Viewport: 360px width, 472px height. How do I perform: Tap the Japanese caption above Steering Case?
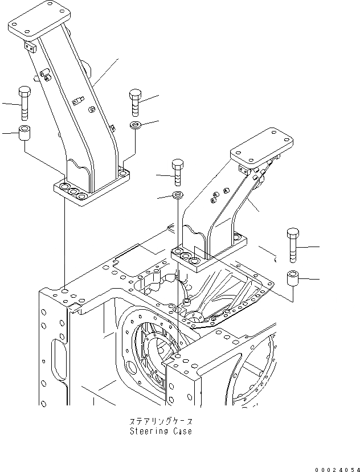161,422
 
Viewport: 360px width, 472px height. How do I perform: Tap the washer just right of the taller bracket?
136,125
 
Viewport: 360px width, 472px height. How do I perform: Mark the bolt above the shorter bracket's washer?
178,172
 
